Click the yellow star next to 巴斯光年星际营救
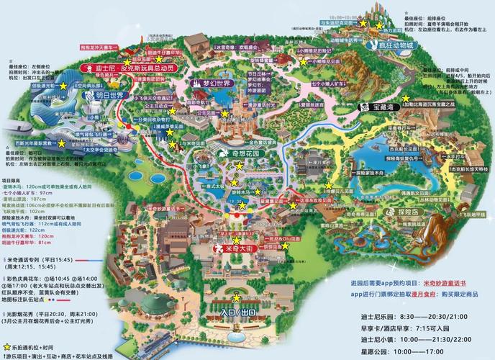(62, 143)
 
